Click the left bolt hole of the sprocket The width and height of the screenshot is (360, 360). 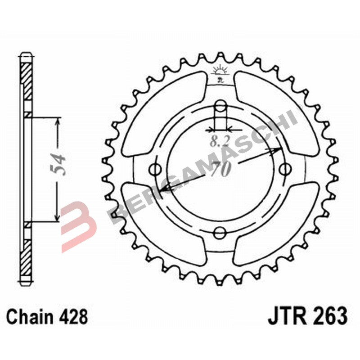[156, 170]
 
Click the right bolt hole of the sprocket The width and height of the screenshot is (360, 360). [285, 169]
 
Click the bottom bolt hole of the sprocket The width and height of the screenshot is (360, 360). [220, 233]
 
